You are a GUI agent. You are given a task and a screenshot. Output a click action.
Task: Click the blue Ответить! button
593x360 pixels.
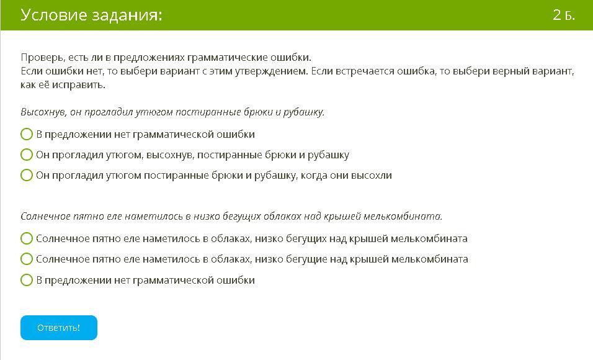click(59, 328)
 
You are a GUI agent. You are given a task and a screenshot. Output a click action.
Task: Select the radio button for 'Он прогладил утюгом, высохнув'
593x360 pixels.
click(27, 155)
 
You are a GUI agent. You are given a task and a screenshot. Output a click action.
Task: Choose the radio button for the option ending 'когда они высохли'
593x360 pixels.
click(27, 175)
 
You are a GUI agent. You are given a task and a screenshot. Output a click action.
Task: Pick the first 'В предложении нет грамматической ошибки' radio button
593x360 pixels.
click(27, 134)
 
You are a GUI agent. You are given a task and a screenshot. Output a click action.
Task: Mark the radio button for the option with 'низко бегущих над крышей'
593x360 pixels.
click(27, 238)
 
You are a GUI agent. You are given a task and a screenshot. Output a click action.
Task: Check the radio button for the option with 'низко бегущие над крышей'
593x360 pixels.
click(27, 259)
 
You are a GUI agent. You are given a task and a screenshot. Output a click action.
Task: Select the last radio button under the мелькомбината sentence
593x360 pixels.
click(27, 280)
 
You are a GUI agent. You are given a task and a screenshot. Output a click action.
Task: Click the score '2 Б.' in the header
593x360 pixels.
click(563, 15)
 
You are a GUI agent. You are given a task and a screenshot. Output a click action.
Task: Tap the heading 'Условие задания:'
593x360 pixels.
click(91, 15)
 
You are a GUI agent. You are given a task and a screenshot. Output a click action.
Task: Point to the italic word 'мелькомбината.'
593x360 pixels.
click(403, 216)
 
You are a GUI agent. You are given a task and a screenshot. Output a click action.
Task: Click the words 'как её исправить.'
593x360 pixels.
click(63, 85)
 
